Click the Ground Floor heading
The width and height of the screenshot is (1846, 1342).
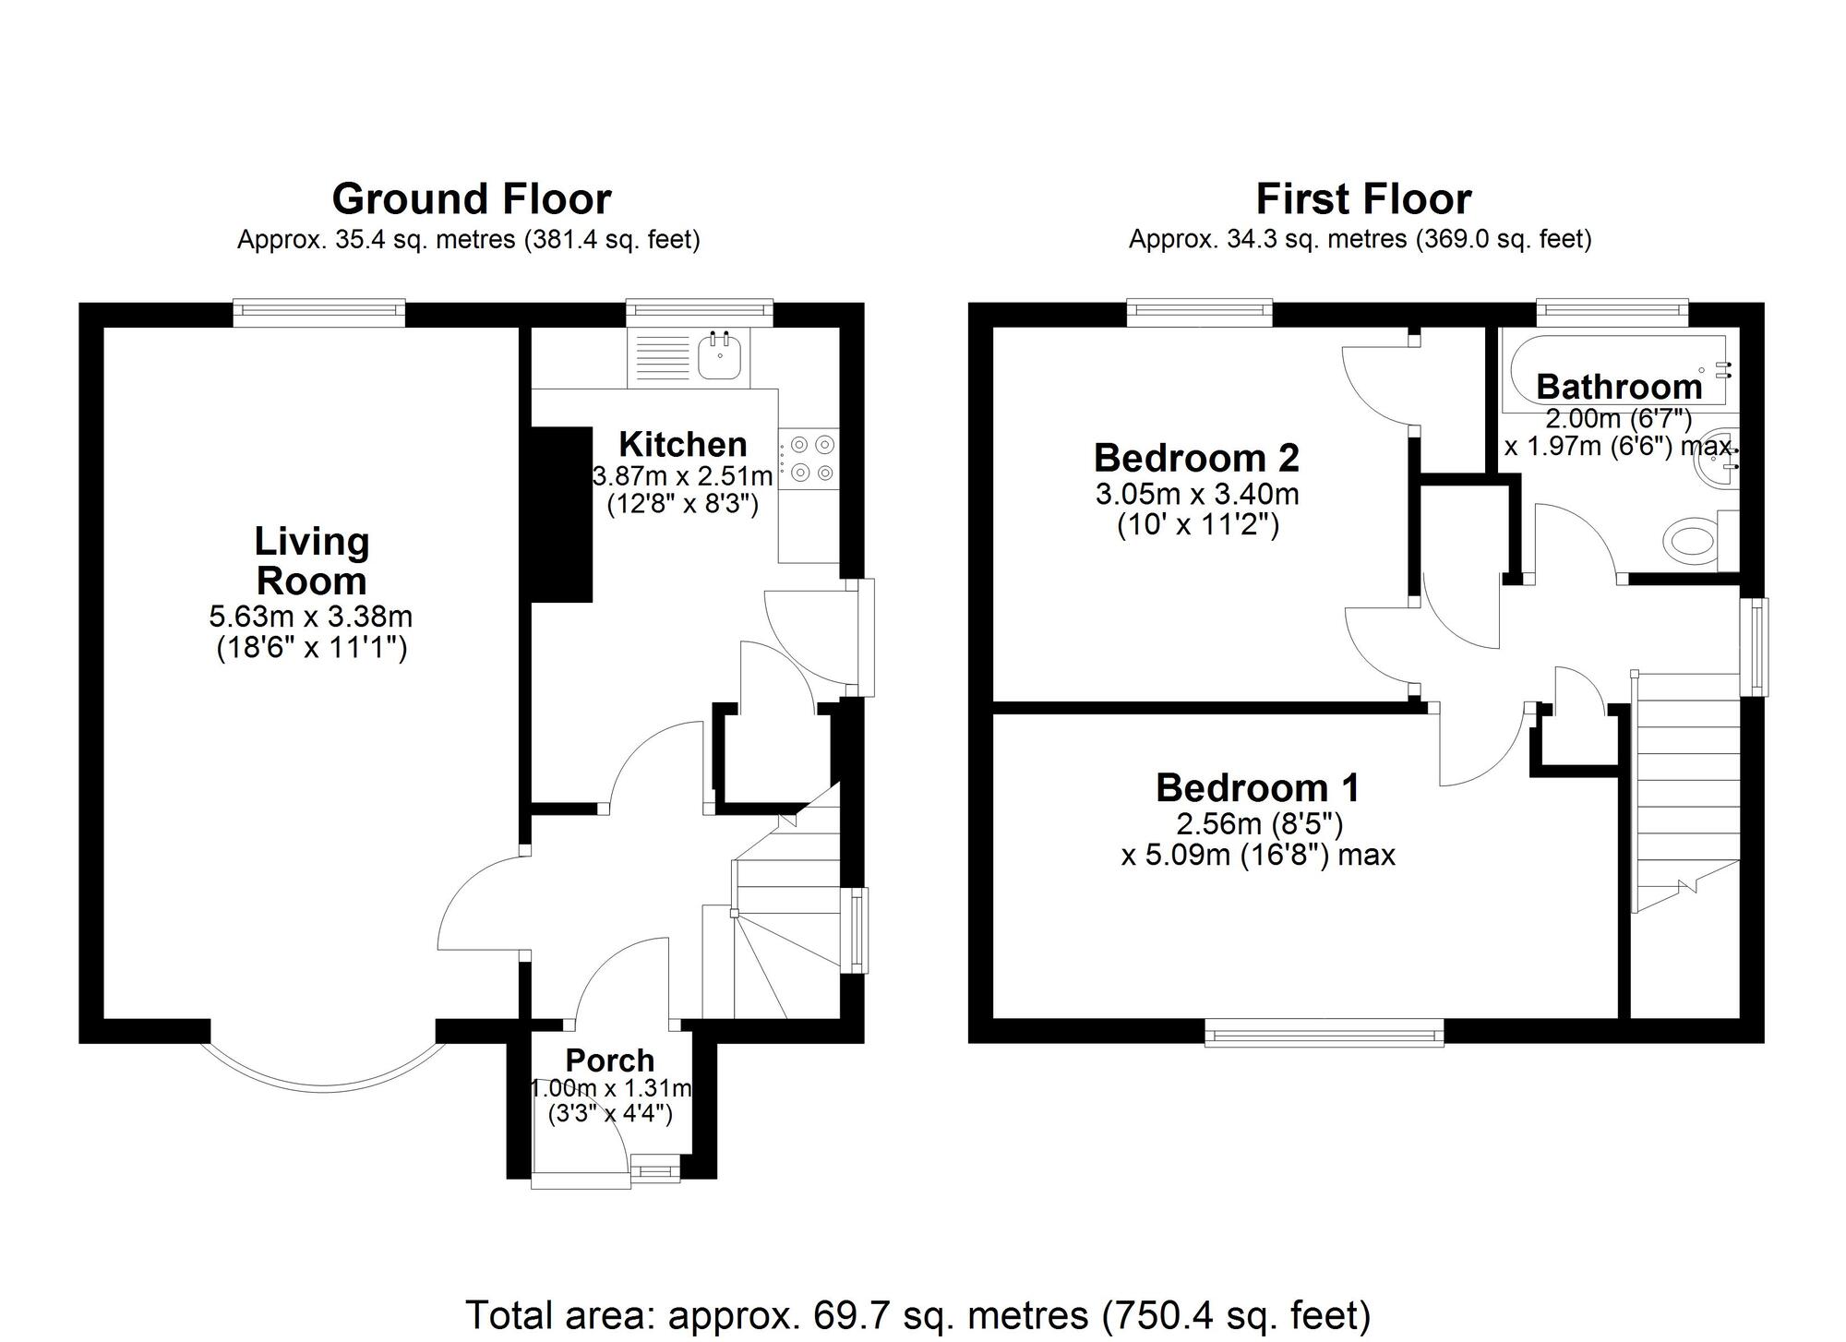471,199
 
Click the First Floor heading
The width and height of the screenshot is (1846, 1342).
1363,199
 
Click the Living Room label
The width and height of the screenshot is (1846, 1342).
312,561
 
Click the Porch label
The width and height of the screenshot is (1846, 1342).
610,1060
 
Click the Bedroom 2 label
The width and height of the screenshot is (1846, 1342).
1196,458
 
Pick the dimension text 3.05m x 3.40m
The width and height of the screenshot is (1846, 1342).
1197,494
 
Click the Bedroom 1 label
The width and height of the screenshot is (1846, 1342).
1257,788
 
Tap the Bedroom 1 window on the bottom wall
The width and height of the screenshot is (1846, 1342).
1324,1033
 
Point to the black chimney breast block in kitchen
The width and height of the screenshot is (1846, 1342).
561,514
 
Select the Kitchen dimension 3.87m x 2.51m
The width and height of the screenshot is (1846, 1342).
682,477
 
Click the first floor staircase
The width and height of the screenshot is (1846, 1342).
1685,794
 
